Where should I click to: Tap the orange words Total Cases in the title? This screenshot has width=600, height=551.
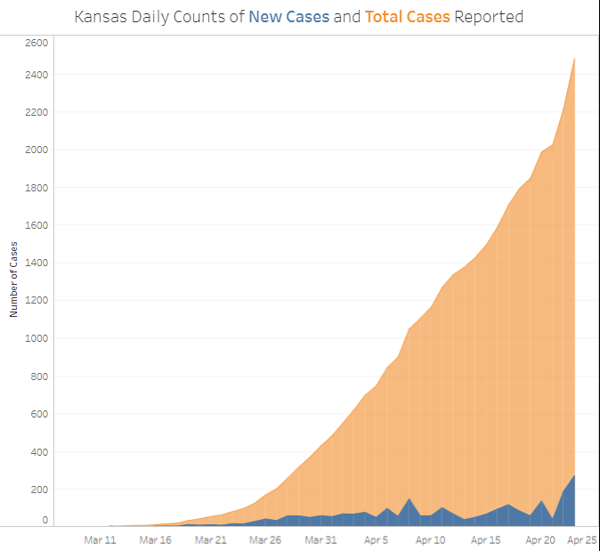coord(407,17)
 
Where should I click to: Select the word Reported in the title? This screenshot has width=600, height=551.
coord(489,17)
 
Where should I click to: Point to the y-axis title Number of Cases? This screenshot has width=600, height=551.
coord(14,279)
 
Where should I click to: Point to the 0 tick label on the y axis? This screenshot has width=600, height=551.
coord(44,519)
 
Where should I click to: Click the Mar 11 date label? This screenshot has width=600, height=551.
coord(100,539)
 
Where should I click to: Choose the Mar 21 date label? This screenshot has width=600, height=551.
coord(210,539)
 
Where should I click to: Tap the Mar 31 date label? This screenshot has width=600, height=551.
coord(320,539)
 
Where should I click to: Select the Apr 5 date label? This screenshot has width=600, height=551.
coord(376,539)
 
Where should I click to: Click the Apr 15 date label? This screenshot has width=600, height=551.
coord(486,539)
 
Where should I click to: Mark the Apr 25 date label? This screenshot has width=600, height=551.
coord(582,539)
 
